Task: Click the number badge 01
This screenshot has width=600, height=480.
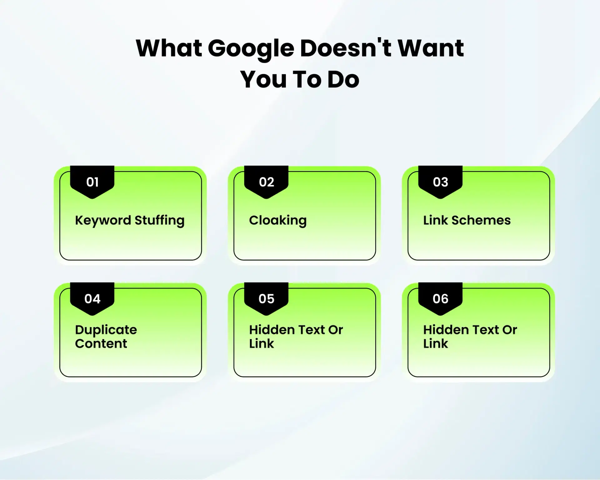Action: coord(92,182)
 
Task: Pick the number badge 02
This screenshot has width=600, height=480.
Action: coord(266,182)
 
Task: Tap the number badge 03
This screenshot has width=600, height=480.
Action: coord(440,182)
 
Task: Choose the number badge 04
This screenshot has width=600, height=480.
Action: coord(92,299)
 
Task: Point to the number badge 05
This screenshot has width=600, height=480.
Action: coord(266,299)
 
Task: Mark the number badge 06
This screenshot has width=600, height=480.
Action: coord(440,299)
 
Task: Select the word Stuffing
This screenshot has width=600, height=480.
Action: coord(159,220)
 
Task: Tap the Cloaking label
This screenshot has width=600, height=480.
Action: coord(278,220)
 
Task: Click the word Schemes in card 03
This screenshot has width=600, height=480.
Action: coord(481,220)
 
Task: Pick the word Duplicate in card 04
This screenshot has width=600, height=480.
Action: coord(106,330)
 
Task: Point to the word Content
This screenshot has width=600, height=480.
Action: coord(101,344)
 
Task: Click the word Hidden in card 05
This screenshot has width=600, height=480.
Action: coord(272,330)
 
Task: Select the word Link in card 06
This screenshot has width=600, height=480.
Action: coord(435,344)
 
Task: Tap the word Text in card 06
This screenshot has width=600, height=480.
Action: coord(479,330)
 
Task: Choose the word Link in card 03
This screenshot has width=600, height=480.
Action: coord(435,220)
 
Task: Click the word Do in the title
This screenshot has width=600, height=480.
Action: coord(343,80)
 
